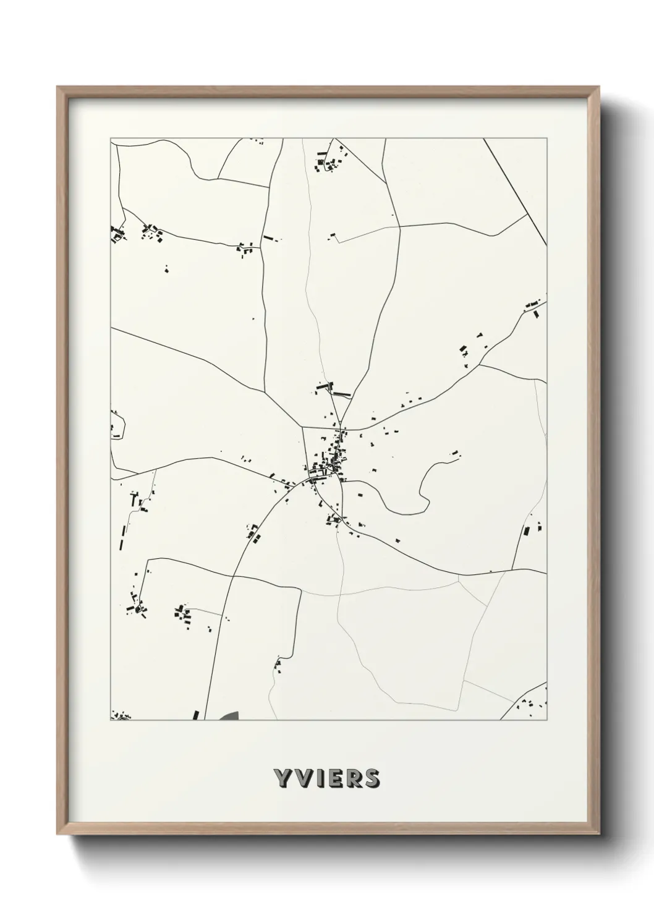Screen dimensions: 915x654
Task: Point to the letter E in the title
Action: coord(332,779)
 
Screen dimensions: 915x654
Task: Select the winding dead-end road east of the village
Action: coord(427,488)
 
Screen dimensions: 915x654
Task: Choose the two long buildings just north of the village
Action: coord(334,389)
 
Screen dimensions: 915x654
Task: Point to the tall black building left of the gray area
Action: coord(196,715)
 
